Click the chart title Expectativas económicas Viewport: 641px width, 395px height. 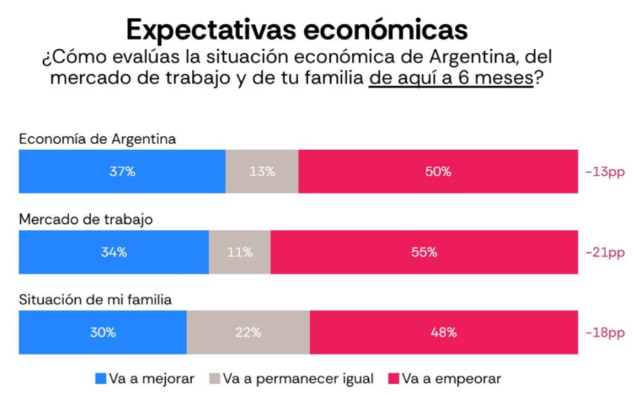pyautogui.click(x=297, y=28)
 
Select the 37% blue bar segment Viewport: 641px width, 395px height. pyautogui.click(x=122, y=171)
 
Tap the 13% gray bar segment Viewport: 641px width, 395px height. pyautogui.click(x=262, y=171)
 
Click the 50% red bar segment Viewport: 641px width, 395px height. pyautogui.click(x=438, y=171)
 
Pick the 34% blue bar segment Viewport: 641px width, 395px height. pyautogui.click(x=114, y=251)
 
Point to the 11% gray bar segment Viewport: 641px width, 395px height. pyautogui.click(x=239, y=251)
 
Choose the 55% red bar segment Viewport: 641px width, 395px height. pyautogui.click(x=424, y=251)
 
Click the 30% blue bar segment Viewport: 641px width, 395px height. pyautogui.click(x=103, y=333)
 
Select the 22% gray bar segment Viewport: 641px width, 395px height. pyautogui.click(x=248, y=333)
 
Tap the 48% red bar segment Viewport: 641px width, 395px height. pyautogui.click(x=443, y=333)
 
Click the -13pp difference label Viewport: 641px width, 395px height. pyautogui.click(x=605, y=172)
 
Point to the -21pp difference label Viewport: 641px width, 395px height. pyautogui.click(x=605, y=252)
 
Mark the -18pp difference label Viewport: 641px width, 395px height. pyautogui.click(x=605, y=333)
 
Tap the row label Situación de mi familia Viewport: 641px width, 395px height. pyautogui.click(x=95, y=300)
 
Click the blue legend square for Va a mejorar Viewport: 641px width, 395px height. pyautogui.click(x=101, y=379)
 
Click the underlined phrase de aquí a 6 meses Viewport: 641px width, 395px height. pyautogui.click(x=451, y=78)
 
